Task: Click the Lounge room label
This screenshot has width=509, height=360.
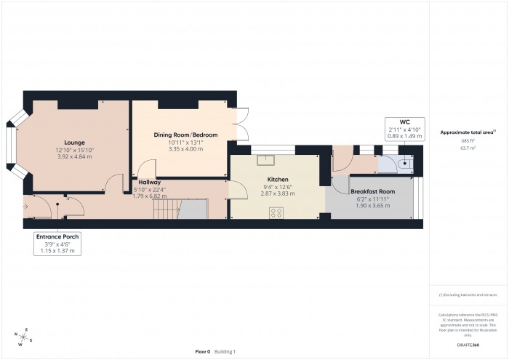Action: tap(74, 142)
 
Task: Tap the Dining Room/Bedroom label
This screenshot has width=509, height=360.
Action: tap(185, 135)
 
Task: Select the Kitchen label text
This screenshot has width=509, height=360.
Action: tap(277, 179)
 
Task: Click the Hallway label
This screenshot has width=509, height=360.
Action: tap(149, 183)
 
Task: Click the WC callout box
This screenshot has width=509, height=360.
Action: tap(404, 127)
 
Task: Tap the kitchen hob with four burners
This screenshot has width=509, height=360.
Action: tap(277, 212)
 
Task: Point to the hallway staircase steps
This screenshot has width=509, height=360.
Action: tap(165, 211)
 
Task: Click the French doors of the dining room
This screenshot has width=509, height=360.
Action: tap(243, 122)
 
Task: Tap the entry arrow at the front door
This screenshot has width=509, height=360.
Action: tap(28, 207)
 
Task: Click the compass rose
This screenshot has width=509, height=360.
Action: tap(24, 337)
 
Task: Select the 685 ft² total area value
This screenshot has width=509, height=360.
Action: tap(468, 140)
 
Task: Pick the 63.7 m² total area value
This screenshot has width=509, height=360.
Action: tap(468, 148)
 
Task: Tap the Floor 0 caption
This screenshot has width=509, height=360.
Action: tap(203, 351)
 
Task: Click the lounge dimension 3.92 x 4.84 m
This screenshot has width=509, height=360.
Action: tap(74, 157)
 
